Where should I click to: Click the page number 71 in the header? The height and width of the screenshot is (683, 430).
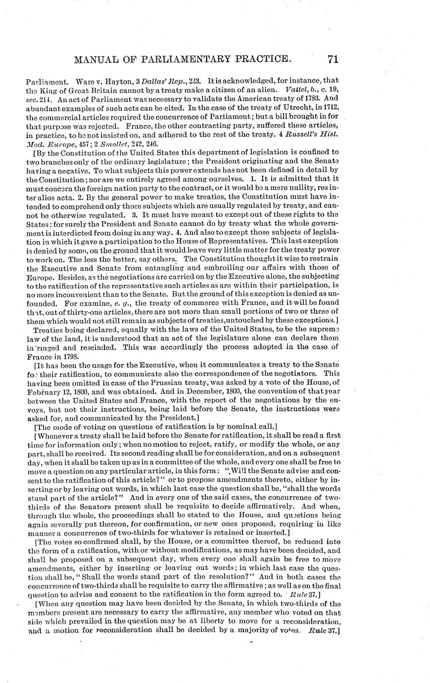332,59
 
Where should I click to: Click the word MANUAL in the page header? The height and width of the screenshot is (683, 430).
95,60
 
